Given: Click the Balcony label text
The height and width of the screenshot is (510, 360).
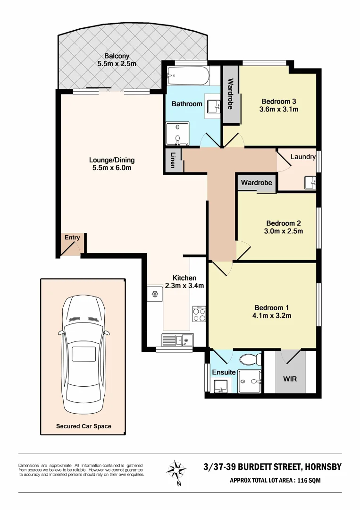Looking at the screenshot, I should pos(117,56).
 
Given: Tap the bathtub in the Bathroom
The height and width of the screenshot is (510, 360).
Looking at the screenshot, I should pos(187,75).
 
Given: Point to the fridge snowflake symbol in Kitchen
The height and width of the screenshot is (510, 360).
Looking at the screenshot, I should pos(154,294).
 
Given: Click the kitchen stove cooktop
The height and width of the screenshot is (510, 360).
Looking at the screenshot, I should pos(199,314).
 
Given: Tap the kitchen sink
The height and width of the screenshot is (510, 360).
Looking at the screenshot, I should pos(177,340).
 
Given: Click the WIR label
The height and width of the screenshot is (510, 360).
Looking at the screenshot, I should pos(290,379).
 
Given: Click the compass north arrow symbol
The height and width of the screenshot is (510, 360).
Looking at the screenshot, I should pos(177,470).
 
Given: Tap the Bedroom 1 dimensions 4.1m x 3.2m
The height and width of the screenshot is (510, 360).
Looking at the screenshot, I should pos(272,315).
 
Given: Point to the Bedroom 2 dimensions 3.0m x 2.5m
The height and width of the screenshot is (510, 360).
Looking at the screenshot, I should pos(283,231).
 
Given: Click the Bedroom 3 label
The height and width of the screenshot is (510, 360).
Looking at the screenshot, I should pos(278,101).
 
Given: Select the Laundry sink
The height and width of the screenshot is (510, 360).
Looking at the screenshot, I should pos(310,182).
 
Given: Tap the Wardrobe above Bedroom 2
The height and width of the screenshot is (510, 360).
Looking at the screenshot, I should pos(257,182).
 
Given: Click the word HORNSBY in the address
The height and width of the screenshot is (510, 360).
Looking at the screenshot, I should pos(322,467).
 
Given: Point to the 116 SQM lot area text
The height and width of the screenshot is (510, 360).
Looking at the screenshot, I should pos(323,481).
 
